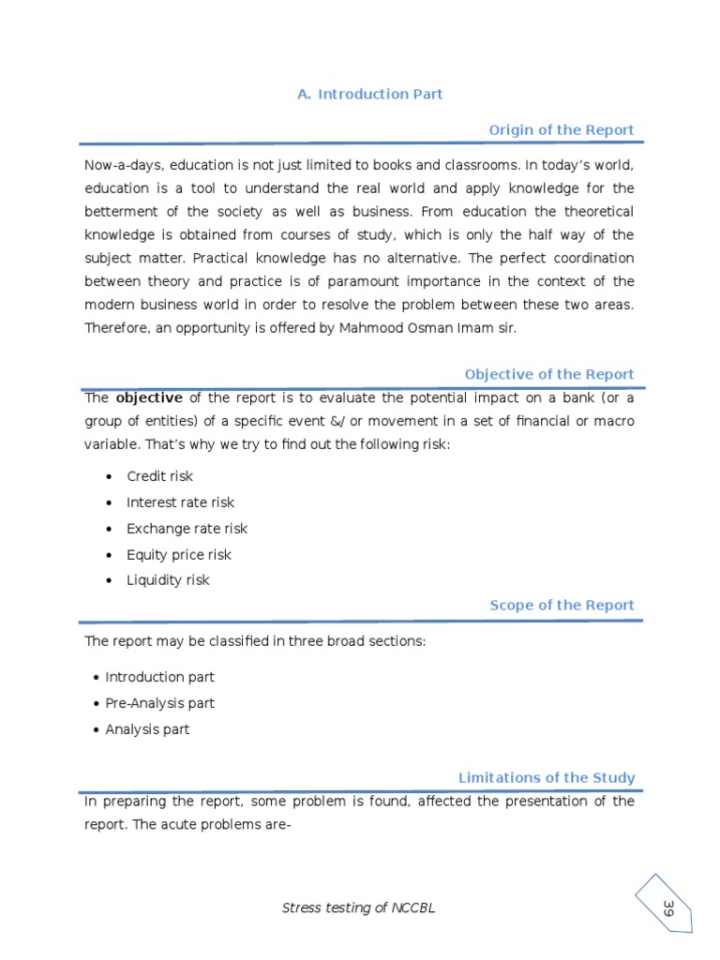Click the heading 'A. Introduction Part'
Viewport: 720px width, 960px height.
click(x=369, y=94)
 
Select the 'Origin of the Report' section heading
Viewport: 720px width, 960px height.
click(x=562, y=129)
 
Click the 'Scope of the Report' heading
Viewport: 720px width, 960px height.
click(x=562, y=606)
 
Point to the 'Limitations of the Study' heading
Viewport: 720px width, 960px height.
click(x=546, y=777)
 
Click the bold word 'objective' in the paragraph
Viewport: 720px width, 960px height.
click(x=148, y=397)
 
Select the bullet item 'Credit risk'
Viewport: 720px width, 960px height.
click(x=159, y=476)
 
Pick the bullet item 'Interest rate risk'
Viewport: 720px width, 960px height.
click(x=181, y=502)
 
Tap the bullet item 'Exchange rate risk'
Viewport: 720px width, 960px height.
click(x=187, y=529)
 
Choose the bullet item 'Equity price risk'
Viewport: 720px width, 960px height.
click(x=178, y=555)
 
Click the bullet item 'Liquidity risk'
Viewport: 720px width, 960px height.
click(x=168, y=580)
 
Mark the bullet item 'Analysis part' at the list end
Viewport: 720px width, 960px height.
click(x=147, y=729)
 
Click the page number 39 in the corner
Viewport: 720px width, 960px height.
click(x=668, y=907)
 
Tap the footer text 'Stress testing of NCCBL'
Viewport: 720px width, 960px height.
click(x=359, y=907)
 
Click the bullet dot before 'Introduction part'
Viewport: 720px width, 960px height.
click(x=97, y=678)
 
